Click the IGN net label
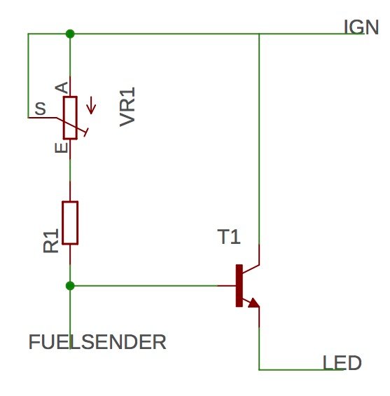click(361, 27)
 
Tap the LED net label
click(342, 362)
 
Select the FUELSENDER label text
click(97, 342)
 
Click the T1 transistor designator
click(229, 237)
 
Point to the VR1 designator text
click(127, 107)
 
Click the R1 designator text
click(51, 240)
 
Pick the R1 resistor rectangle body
click(70, 223)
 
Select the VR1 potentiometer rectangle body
click(70, 118)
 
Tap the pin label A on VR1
click(62, 88)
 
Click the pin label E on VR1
click(62, 147)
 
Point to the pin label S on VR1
click(41, 109)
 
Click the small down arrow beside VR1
click(91, 106)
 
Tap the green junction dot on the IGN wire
click(70, 34)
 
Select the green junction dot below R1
click(70, 286)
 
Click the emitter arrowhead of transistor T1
click(254, 303)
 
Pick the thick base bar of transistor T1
click(239, 286)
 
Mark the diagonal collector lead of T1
click(251, 269)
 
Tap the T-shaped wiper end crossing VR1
click(86, 132)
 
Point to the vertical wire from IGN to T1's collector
click(259, 139)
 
